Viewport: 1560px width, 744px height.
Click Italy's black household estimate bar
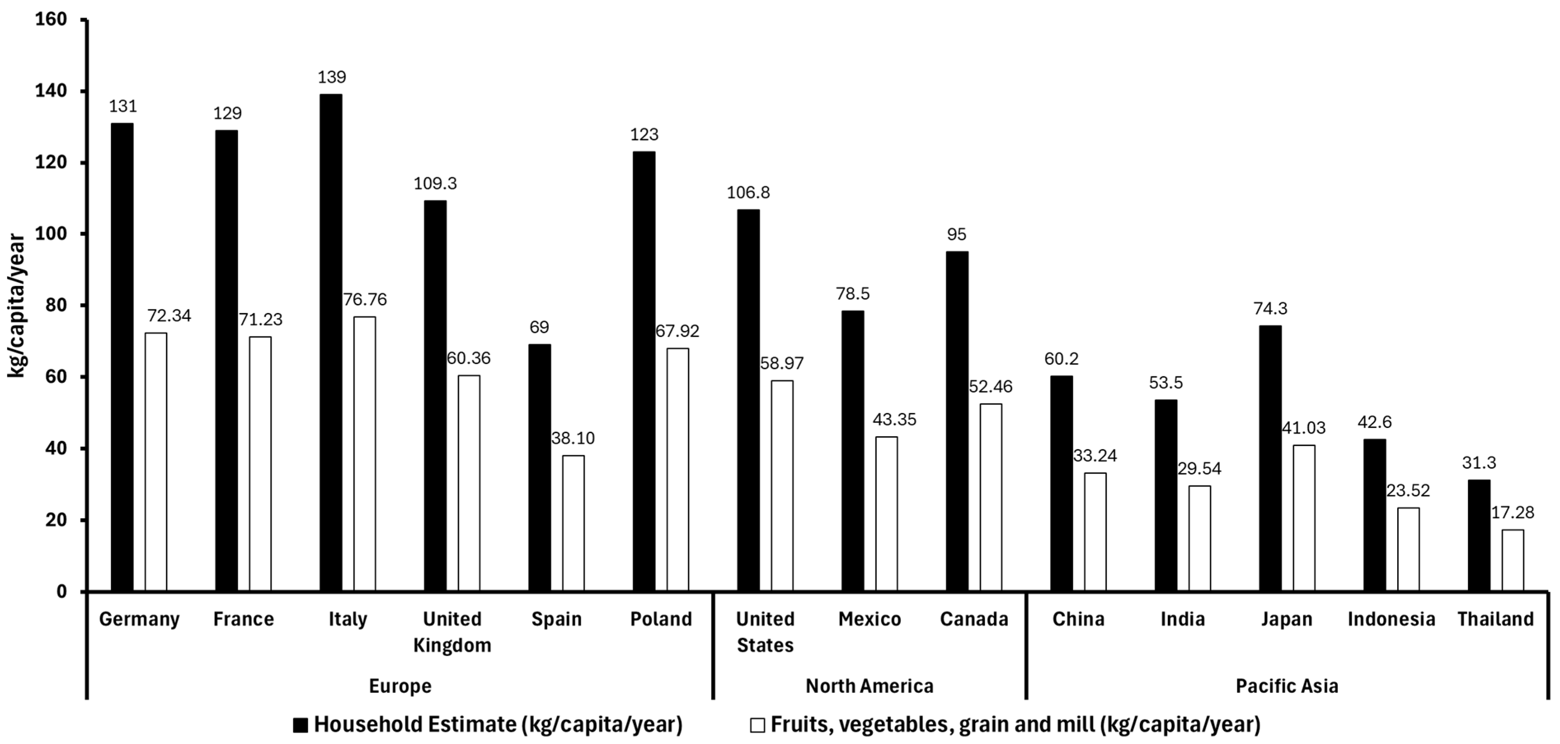click(x=330, y=342)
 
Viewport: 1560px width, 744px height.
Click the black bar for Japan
click(x=1270, y=458)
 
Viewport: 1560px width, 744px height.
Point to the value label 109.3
click(x=435, y=183)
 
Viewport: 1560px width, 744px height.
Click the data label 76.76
click(x=365, y=299)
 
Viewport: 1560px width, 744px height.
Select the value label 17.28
click(x=1512, y=513)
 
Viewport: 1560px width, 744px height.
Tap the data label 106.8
click(x=749, y=192)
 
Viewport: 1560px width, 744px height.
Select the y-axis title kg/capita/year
click(x=17, y=306)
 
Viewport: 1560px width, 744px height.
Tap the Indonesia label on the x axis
click(x=1391, y=619)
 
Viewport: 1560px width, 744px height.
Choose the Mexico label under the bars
click(x=870, y=619)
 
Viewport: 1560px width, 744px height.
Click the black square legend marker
click(x=300, y=724)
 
